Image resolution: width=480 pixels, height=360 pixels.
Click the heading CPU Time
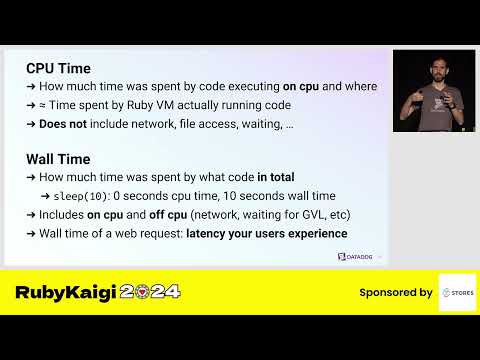[x=58, y=68]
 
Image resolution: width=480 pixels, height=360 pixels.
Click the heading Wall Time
[x=59, y=158]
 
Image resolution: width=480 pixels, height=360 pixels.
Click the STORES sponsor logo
[x=457, y=292]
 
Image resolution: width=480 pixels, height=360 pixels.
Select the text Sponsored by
[x=396, y=293]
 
